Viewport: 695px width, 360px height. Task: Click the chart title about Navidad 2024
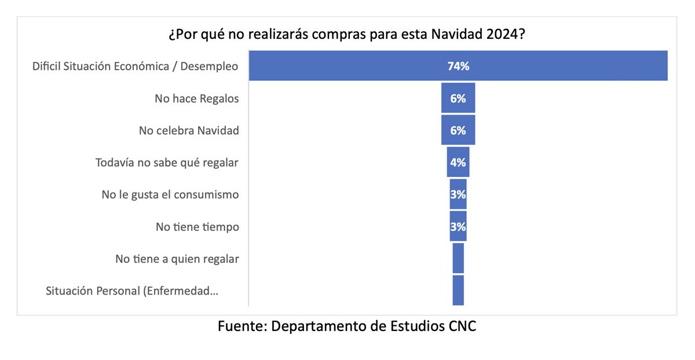click(347, 34)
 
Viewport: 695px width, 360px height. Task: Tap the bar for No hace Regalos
click(458, 98)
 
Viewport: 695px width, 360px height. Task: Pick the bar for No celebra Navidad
click(458, 130)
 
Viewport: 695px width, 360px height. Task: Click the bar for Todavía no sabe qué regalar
click(458, 162)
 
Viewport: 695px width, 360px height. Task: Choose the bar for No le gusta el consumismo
click(458, 194)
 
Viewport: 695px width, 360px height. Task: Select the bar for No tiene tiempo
click(458, 226)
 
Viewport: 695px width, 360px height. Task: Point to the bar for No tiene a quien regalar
click(458, 258)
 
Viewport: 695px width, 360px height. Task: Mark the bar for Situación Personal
click(458, 290)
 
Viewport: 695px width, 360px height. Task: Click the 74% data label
click(458, 66)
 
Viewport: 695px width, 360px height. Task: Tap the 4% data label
click(458, 163)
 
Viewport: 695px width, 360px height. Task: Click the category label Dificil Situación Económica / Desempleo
click(136, 66)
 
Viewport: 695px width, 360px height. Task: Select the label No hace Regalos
click(197, 98)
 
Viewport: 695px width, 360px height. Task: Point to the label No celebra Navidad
click(189, 130)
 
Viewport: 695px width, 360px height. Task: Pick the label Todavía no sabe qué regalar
click(167, 163)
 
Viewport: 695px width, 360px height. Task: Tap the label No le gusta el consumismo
click(170, 194)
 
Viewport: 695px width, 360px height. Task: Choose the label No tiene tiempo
click(197, 227)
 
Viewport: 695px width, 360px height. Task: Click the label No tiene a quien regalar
click(177, 259)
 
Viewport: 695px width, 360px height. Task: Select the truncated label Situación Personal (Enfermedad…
click(132, 291)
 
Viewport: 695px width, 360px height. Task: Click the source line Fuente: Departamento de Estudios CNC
click(347, 326)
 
